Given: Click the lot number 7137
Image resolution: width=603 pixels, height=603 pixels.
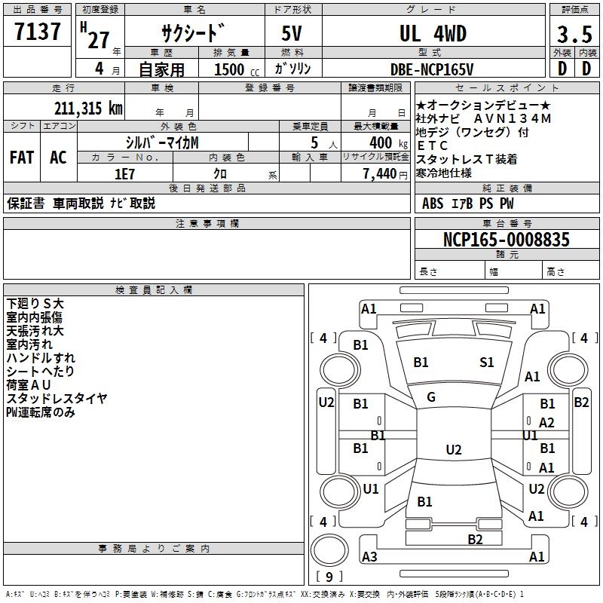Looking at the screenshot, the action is (38, 32).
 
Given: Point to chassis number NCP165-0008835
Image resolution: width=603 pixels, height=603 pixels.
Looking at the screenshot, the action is (507, 240).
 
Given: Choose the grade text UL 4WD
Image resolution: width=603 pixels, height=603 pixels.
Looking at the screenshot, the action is (433, 34).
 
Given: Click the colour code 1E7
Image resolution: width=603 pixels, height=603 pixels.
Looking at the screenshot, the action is (124, 173).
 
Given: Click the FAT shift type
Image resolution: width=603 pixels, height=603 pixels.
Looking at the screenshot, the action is (21, 158).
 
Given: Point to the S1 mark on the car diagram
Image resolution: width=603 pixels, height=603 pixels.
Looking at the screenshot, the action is (487, 363).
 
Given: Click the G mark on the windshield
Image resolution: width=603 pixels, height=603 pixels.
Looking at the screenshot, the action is (431, 397).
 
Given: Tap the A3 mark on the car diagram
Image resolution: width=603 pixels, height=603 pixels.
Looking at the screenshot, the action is (369, 557).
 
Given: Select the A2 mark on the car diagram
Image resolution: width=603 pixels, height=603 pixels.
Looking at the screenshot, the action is (547, 423).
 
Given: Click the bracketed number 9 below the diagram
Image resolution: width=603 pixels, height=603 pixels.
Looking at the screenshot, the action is (329, 577).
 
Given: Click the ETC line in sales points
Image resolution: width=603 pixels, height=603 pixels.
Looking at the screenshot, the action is (432, 145).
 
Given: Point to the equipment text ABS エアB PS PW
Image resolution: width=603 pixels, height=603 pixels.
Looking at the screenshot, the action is (469, 203).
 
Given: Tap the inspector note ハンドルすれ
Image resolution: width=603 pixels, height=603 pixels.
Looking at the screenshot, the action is (41, 357).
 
